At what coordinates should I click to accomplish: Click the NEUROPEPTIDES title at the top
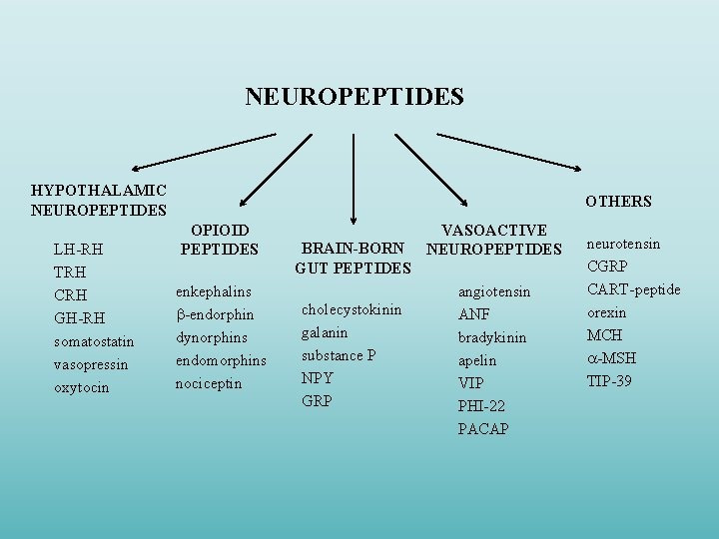pyautogui.click(x=355, y=97)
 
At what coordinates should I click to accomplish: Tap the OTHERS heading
pyautogui.click(x=618, y=202)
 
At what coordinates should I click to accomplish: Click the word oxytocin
pyautogui.click(x=81, y=387)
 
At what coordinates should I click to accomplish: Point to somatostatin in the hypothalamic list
pyautogui.click(x=93, y=341)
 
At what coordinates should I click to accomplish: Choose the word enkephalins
pyautogui.click(x=213, y=291)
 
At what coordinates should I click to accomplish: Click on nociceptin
pyautogui.click(x=209, y=383)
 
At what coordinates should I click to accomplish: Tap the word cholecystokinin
pyautogui.click(x=351, y=309)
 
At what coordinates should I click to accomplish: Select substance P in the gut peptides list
pyautogui.click(x=339, y=355)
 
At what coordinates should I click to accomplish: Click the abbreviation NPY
pyautogui.click(x=317, y=378)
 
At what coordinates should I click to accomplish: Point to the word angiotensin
pyautogui.click(x=493, y=291)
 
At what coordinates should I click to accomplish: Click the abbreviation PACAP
pyautogui.click(x=483, y=429)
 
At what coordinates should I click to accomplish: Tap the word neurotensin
pyautogui.click(x=623, y=244)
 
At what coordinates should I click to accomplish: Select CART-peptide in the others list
pyautogui.click(x=633, y=289)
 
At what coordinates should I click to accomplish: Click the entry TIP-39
pyautogui.click(x=609, y=381)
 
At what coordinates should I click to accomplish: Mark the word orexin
pyautogui.click(x=606, y=312)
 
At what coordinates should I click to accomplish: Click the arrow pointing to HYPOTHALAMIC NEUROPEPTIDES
pyautogui.click(x=205, y=151)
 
